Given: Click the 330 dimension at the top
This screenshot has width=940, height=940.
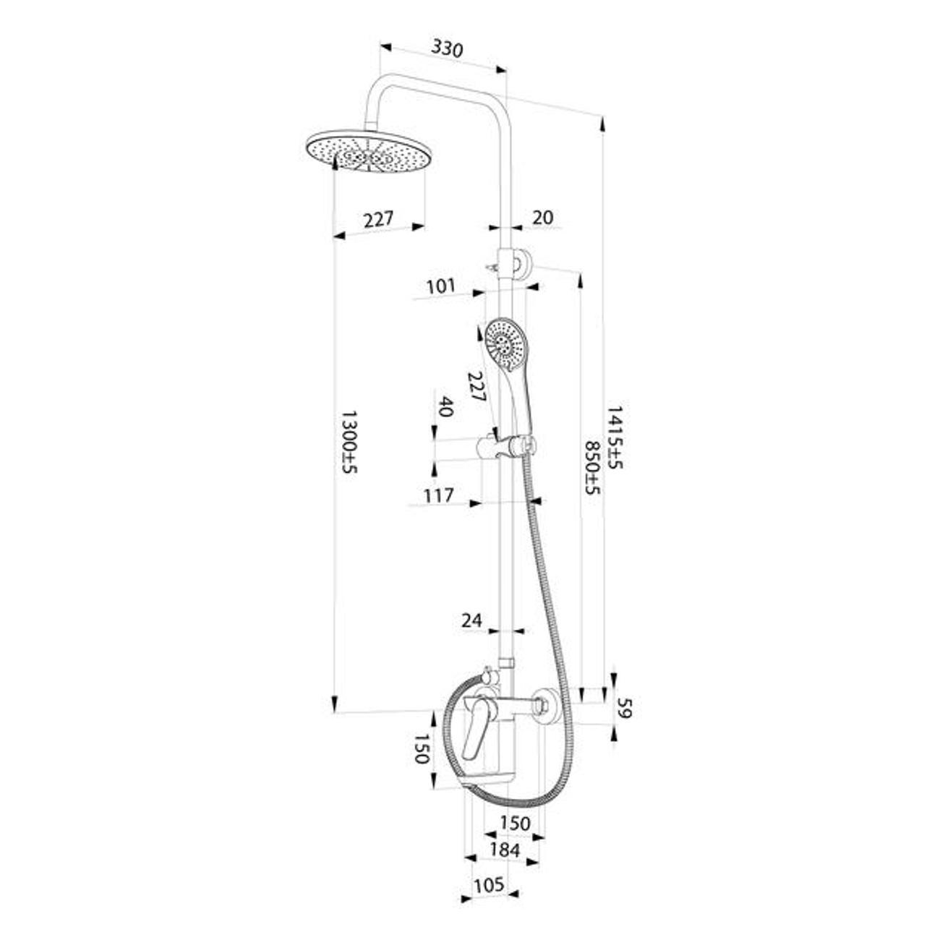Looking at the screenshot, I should (x=447, y=48).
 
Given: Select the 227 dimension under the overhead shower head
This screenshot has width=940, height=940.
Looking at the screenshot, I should (x=378, y=218).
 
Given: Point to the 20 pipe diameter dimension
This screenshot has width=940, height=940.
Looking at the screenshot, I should (x=542, y=217).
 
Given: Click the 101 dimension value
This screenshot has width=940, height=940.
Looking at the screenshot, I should (x=441, y=286).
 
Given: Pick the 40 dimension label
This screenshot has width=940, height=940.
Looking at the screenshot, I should (x=445, y=407).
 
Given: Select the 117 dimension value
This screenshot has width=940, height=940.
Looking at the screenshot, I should (x=440, y=495).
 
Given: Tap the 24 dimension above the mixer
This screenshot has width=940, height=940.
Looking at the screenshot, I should (x=471, y=620).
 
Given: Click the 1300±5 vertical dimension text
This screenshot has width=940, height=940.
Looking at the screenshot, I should (x=350, y=442).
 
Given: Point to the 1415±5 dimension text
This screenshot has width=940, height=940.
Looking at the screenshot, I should (x=614, y=437).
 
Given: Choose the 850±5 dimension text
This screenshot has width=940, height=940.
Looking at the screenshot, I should (x=592, y=469).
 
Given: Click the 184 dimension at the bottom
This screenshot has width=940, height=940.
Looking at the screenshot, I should (x=505, y=850).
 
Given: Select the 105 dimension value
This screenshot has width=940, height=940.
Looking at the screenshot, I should (x=489, y=885).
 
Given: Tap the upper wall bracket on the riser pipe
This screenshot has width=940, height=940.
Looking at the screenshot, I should (x=515, y=262).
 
